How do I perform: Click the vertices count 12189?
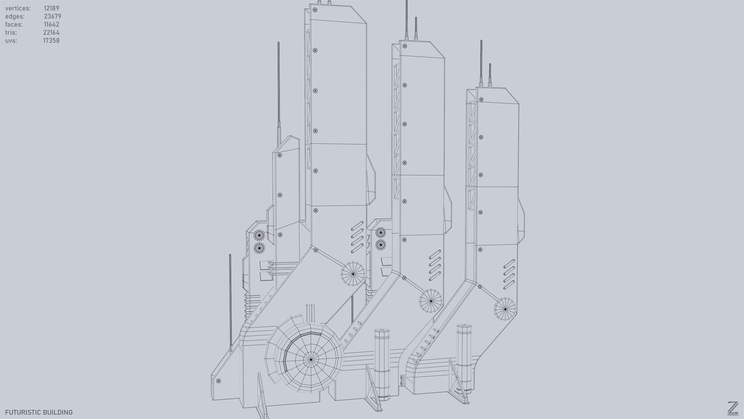tap(51, 8)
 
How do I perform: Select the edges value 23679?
tap(52, 17)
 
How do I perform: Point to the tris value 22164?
tap(51, 33)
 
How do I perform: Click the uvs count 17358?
tap(51, 41)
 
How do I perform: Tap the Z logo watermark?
tap(732, 408)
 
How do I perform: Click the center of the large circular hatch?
tap(311, 360)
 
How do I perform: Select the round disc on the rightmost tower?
tap(505, 309)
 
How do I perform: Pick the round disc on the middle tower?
tap(431, 301)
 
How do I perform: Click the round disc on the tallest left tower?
tap(353, 274)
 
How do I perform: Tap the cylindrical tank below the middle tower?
tap(382, 364)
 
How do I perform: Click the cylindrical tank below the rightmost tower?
tap(464, 358)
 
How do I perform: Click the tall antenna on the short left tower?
tap(279, 87)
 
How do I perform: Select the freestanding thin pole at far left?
tap(230, 301)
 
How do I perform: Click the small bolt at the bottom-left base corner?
tap(219, 381)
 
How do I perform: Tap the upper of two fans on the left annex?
tap(259, 235)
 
